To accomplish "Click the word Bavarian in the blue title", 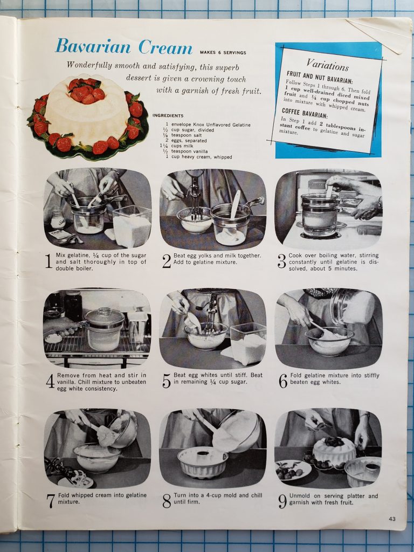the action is (93, 46).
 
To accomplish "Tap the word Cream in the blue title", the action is (165, 47).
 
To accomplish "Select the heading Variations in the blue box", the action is (327, 65).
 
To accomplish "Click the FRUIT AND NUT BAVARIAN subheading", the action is (320, 78).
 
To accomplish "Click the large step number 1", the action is (49, 261).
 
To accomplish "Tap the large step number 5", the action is (166, 381).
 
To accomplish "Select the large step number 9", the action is (282, 501).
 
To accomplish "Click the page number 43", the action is (392, 519).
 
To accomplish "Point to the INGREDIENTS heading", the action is (168, 115).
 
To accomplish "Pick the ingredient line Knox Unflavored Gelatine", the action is (208, 125).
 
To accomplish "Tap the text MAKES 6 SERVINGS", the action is (223, 53).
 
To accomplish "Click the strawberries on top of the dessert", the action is (85, 91).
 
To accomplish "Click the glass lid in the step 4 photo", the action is (104, 316).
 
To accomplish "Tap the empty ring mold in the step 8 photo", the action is (203, 462).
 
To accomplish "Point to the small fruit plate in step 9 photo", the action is (293, 470).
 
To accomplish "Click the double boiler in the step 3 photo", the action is (320, 214).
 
